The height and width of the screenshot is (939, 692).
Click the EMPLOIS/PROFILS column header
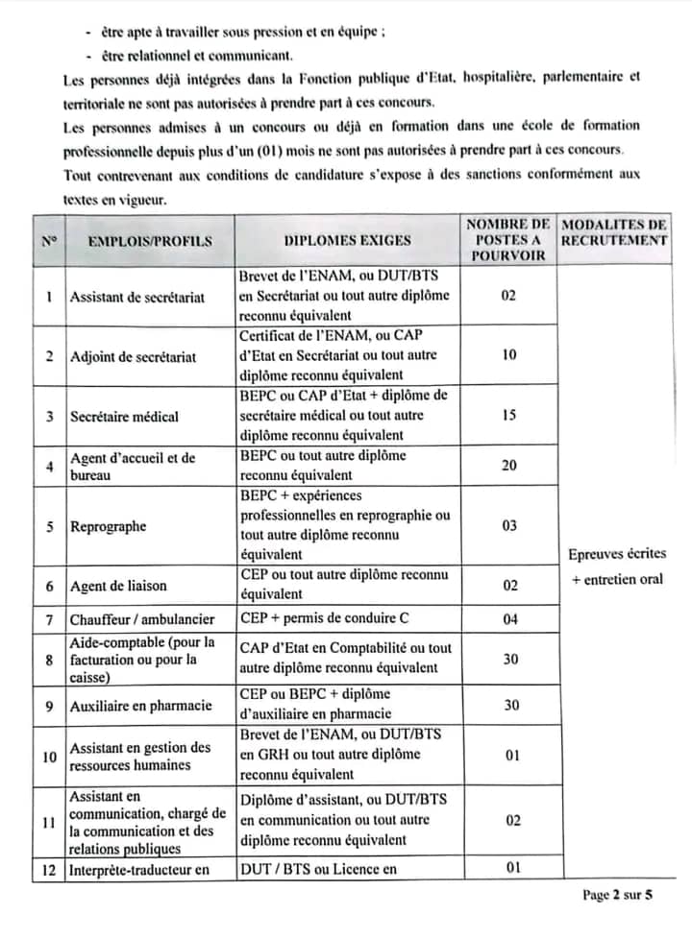point(150,241)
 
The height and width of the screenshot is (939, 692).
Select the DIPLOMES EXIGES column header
point(347,241)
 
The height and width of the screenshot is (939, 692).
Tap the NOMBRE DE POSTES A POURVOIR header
point(508,240)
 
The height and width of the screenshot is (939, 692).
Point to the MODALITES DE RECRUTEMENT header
point(614,232)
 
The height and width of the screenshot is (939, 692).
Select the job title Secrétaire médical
point(124,417)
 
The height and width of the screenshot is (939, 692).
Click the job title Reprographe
point(108,526)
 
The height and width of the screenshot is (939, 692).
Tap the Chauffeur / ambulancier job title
point(142,619)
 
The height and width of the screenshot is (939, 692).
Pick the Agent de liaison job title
point(117,586)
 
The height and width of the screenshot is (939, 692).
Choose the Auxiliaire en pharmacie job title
point(140,706)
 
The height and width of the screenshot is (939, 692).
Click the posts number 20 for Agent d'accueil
point(509,466)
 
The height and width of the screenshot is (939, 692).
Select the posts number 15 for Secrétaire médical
point(509,416)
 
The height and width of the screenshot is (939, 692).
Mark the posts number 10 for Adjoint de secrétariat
point(509,355)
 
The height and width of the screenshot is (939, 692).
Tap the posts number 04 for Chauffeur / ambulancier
point(510,619)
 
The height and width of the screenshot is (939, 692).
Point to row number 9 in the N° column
point(49,706)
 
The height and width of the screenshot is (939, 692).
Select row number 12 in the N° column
point(49,870)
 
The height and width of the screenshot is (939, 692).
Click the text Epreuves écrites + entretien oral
point(615,566)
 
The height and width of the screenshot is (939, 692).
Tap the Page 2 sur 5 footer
point(617,895)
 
